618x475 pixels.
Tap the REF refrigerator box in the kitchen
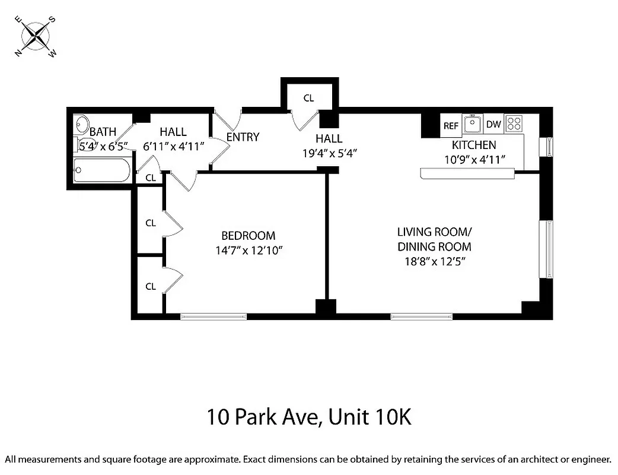point(451,125)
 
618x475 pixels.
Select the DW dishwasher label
point(493,125)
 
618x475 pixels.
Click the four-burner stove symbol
point(514,124)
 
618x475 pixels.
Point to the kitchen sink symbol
point(472,124)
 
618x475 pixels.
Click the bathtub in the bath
point(101,170)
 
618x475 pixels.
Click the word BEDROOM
point(248,236)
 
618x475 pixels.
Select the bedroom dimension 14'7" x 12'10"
point(248,251)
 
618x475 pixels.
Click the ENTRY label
point(243,137)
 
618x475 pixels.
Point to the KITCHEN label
point(474,145)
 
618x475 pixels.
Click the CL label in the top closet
point(308,98)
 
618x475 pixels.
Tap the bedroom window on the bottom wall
point(214,316)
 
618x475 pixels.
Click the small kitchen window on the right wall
point(549,146)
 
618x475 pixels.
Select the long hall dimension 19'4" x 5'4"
point(329,153)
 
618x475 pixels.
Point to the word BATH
point(103,132)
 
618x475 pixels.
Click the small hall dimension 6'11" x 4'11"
point(173,147)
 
